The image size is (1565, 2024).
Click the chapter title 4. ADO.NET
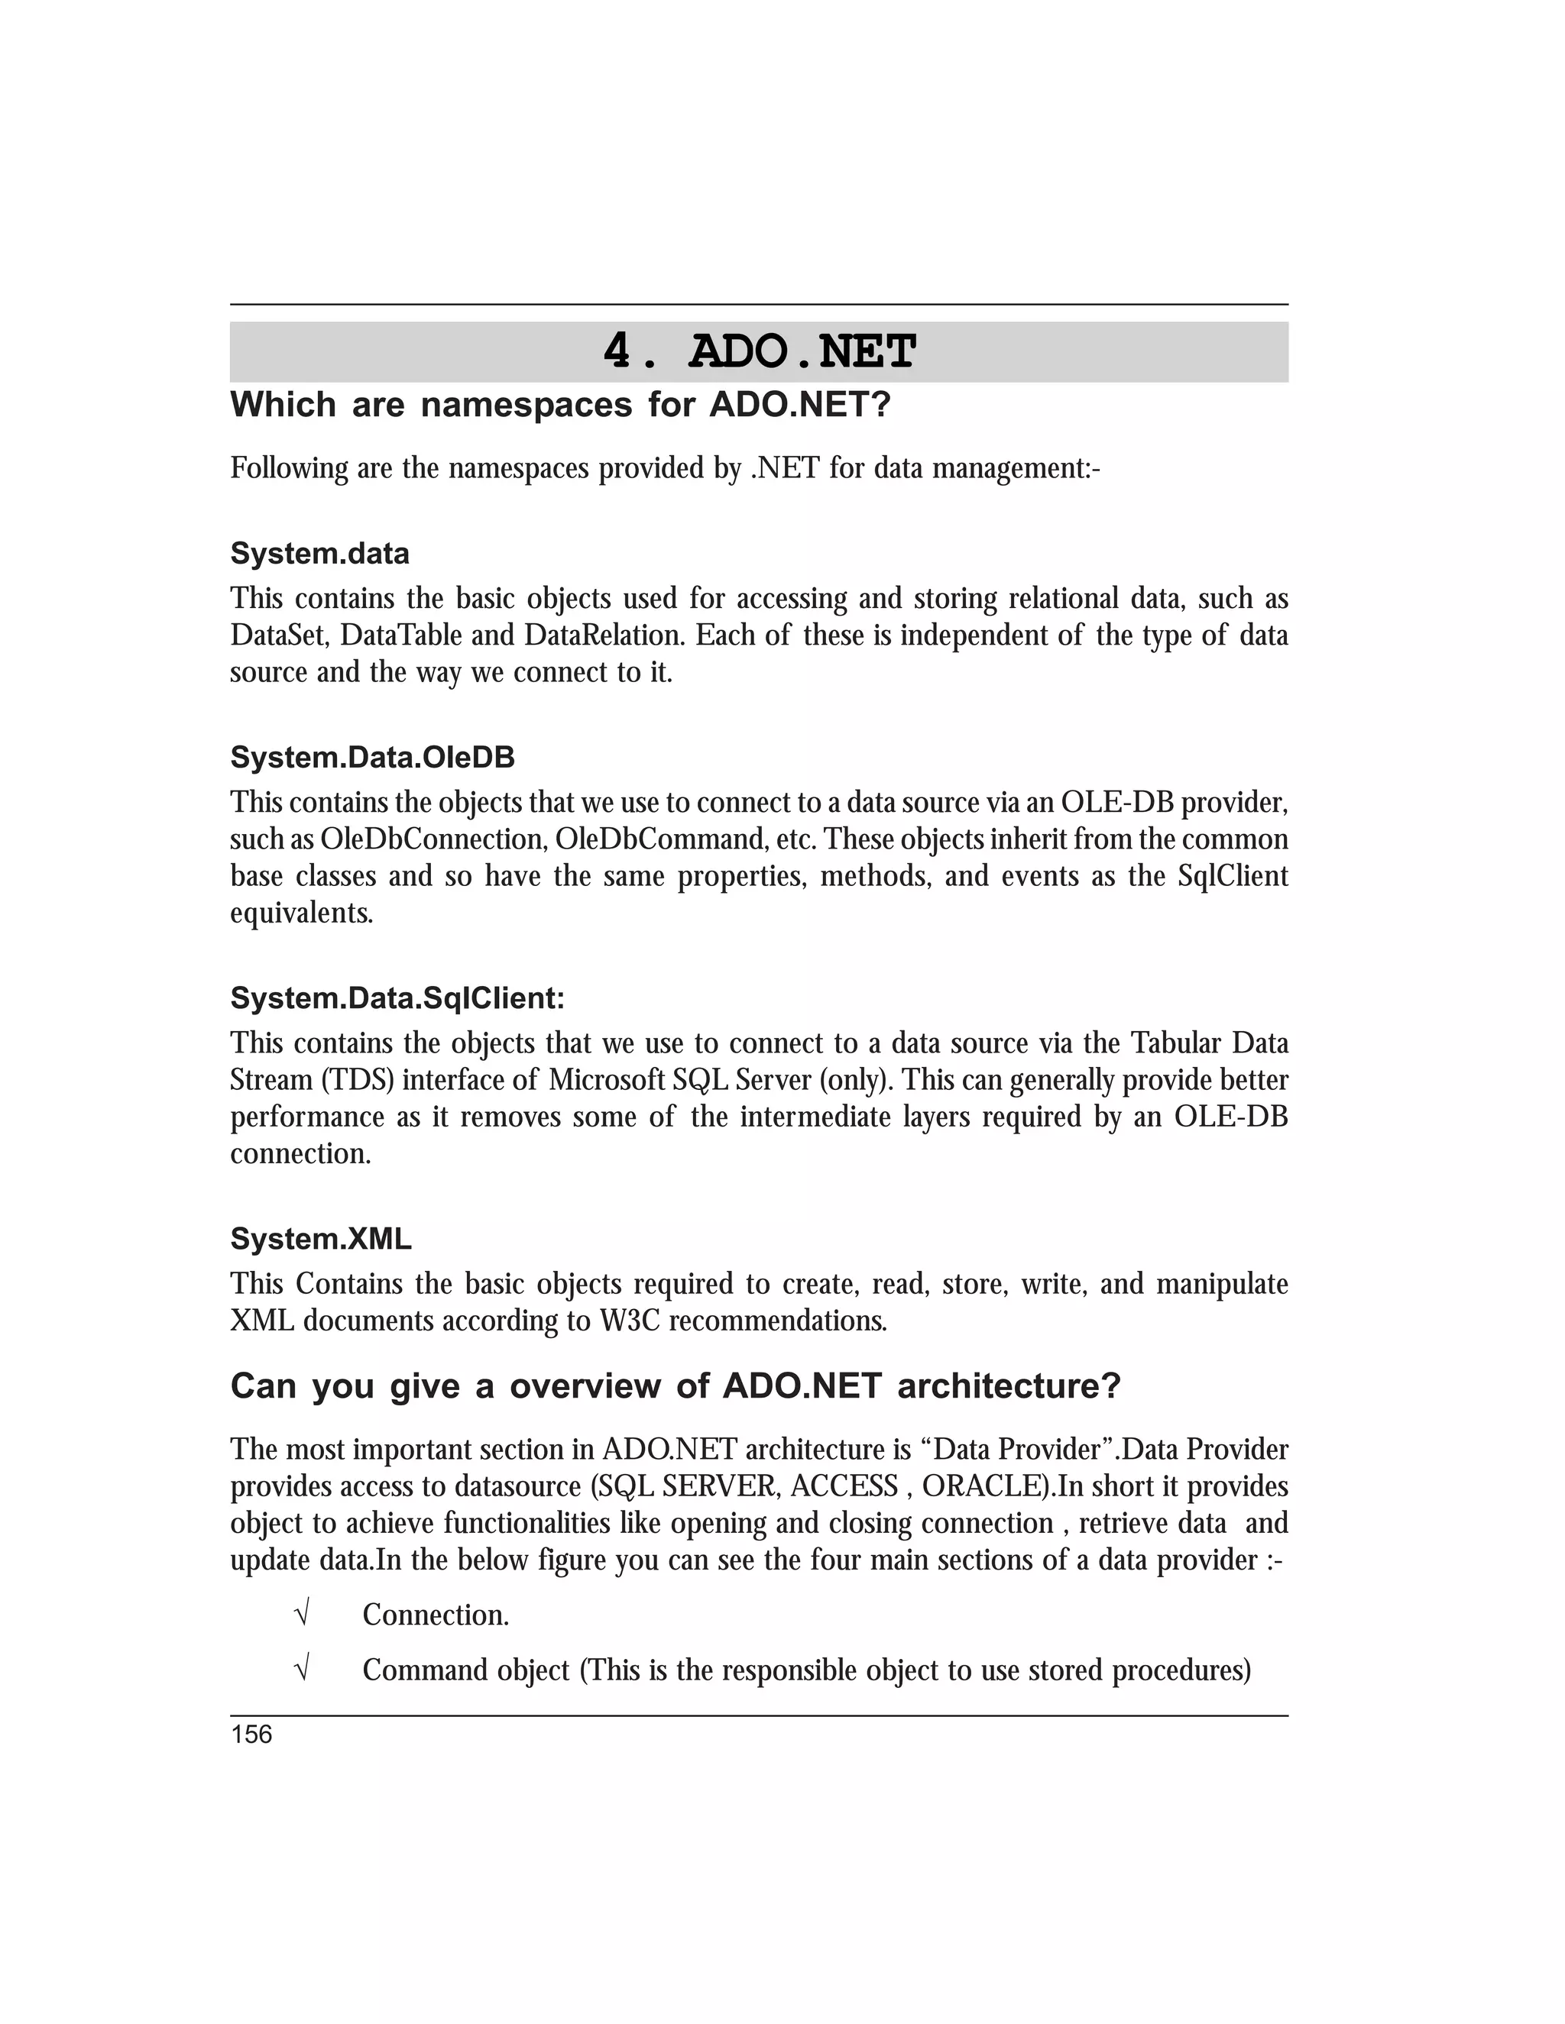760,352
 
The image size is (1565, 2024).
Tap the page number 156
251,1735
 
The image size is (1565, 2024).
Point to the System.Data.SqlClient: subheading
397,998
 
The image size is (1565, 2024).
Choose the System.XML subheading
321,1239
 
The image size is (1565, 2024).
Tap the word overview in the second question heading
585,1386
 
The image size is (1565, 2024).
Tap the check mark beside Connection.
300,1615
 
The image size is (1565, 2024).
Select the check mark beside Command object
300,1670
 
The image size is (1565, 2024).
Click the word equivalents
301,913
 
